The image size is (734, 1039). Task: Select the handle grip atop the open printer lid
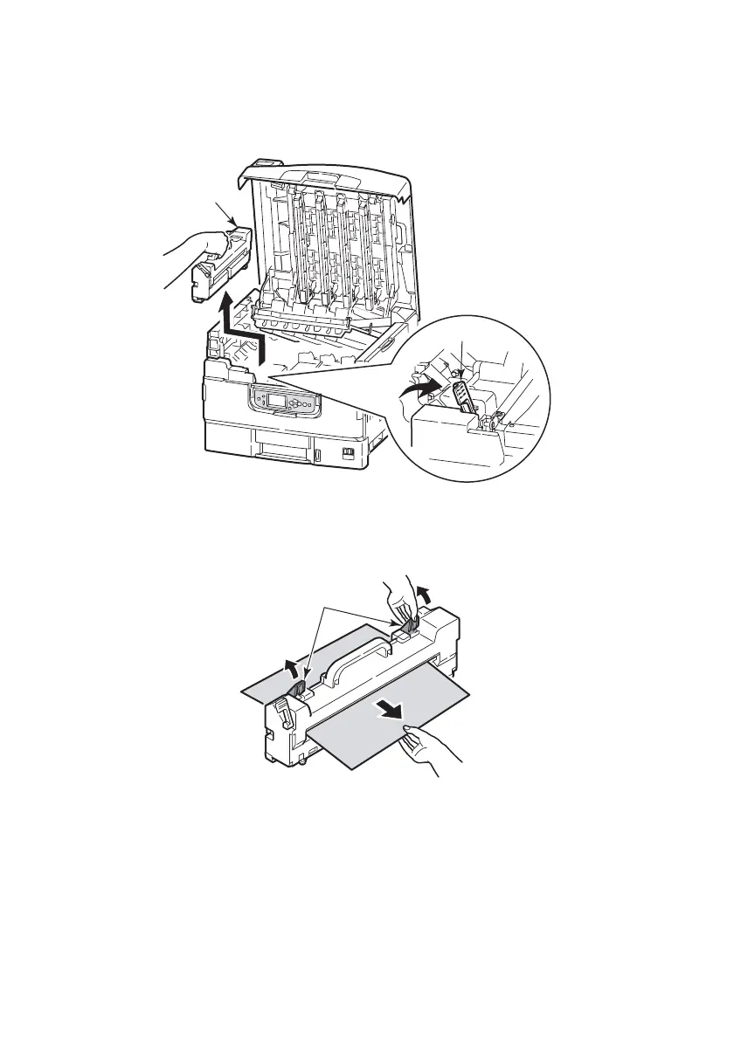(x=264, y=165)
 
